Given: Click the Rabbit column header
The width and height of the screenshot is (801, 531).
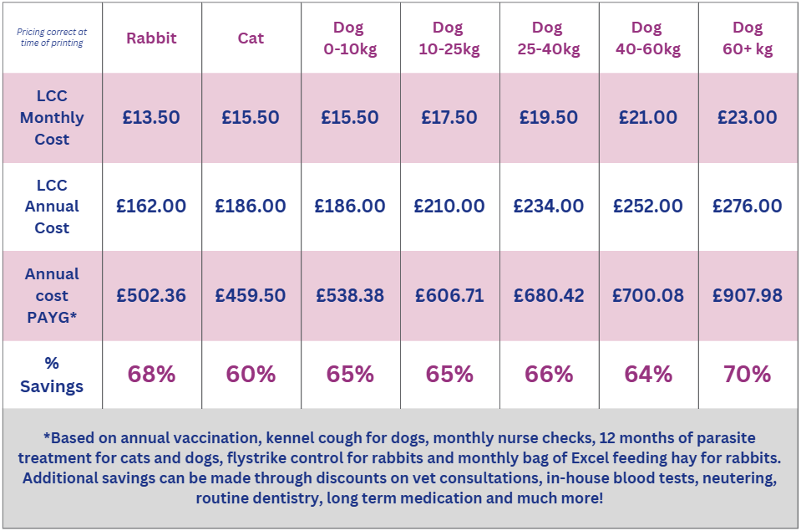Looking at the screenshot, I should [151, 38].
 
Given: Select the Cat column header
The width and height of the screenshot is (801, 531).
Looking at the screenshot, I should [251, 38].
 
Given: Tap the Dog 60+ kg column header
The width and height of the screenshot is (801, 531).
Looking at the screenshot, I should [748, 38].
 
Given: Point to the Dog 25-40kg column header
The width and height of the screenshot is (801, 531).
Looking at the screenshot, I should [549, 38].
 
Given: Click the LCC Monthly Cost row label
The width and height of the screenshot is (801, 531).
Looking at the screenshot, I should [52, 118].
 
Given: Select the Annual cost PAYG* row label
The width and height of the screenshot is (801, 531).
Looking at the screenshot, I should [52, 295].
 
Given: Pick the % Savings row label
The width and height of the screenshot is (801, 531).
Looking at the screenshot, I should [52, 375].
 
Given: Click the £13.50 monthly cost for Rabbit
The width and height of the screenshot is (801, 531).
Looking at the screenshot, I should [151, 118].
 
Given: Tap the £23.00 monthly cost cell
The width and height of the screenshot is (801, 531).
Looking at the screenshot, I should [748, 118].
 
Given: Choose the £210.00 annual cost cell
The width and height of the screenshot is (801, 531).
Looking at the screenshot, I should [449, 207].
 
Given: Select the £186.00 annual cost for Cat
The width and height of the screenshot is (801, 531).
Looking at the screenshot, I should [251, 207].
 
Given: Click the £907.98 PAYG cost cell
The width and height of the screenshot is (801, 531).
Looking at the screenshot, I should [748, 296].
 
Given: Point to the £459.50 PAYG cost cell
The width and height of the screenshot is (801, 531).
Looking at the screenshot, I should [251, 296].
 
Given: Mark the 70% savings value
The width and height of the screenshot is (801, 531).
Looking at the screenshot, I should [748, 375].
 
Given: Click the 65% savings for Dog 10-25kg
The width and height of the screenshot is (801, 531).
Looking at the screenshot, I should [449, 375].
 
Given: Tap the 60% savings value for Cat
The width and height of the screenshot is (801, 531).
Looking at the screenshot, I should [251, 375].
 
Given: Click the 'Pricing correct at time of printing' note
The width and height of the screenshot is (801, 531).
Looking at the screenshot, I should [52, 38].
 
